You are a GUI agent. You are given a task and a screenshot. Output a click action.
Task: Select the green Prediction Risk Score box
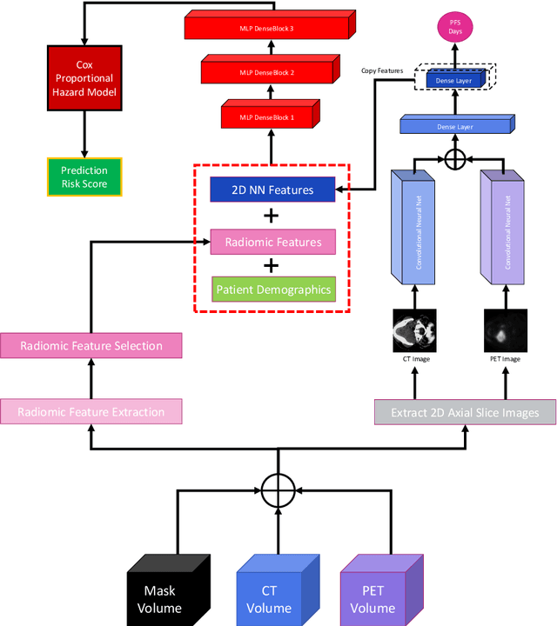pyautogui.click(x=84, y=176)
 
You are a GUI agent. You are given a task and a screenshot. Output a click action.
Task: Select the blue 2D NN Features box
pyautogui.click(x=273, y=190)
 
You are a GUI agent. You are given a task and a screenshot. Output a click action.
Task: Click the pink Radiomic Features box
pyautogui.click(x=273, y=242)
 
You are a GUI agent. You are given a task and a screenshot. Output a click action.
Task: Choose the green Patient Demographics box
pyautogui.click(x=273, y=290)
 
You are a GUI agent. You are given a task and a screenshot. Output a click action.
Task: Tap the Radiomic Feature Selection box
pyautogui.click(x=91, y=345)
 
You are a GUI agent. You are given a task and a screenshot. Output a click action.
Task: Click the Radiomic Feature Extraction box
pyautogui.click(x=91, y=411)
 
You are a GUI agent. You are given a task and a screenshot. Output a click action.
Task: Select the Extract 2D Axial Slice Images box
pyautogui.click(x=465, y=411)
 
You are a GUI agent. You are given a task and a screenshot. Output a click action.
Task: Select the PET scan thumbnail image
pyautogui.click(x=505, y=330)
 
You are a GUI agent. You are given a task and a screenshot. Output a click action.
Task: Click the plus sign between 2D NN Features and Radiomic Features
pyautogui.click(x=272, y=216)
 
